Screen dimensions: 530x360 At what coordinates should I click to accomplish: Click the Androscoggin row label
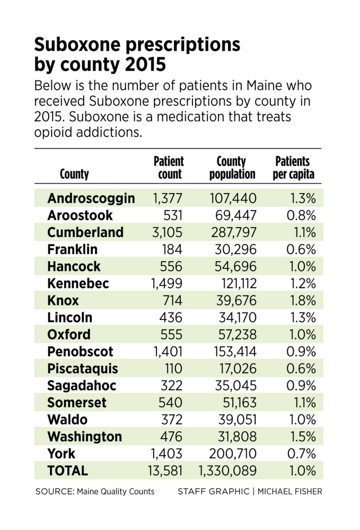pos(91,198)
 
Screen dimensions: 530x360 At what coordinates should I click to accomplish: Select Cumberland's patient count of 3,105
pos(168,232)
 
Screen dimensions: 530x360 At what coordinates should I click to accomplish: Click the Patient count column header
pos(168,167)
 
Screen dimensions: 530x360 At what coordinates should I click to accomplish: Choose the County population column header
pos(232,167)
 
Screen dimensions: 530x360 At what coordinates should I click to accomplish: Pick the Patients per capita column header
pos(293,167)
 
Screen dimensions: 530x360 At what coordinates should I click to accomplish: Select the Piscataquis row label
pos(82,368)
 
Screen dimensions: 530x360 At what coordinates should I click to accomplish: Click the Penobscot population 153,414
pos(231,351)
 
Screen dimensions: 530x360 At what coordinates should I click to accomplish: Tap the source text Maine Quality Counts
pos(115,491)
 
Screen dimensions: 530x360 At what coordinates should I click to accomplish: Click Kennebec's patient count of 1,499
pos(167,283)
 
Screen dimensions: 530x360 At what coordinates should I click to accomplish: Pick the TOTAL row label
pos(67,471)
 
